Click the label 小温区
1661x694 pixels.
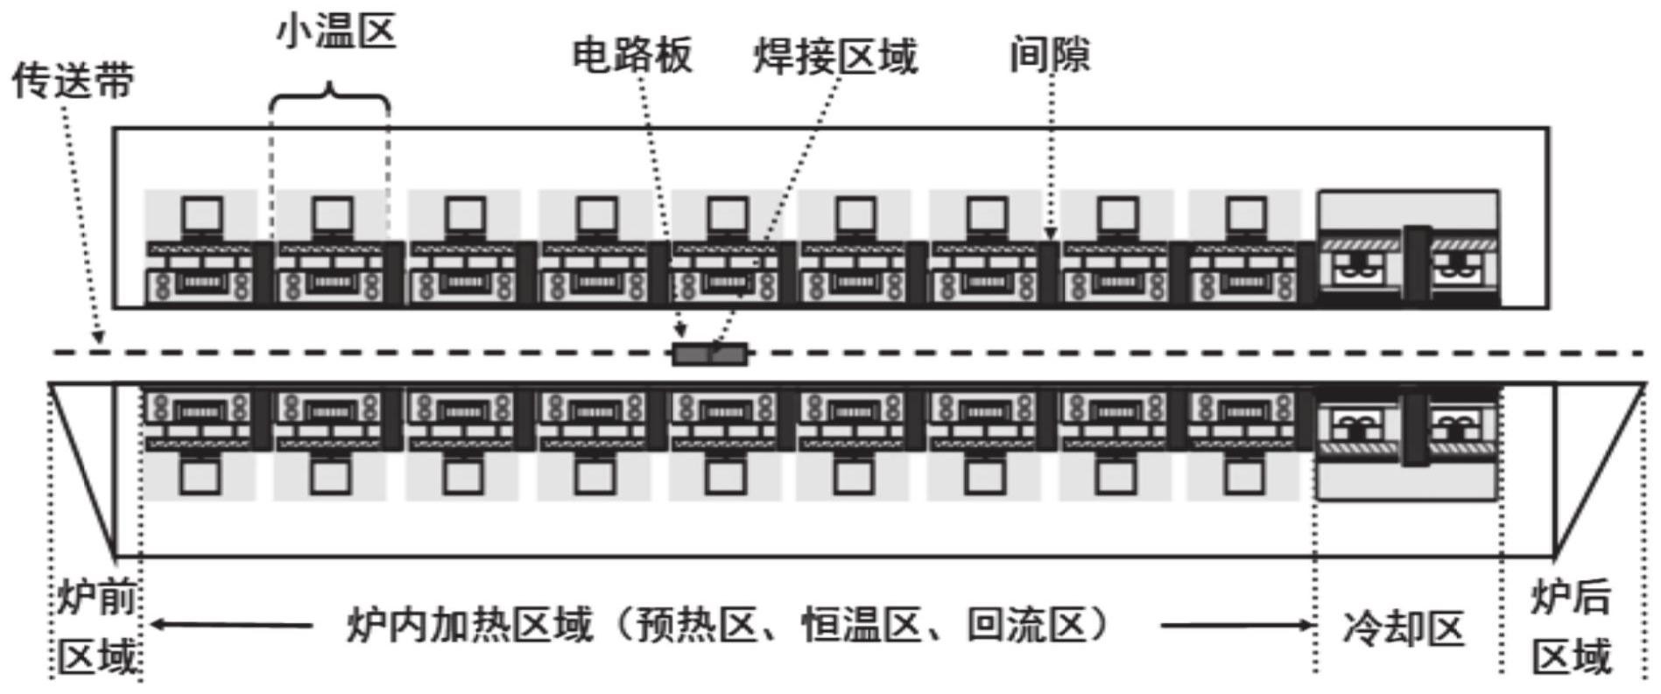point(336,33)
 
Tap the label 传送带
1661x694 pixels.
point(74,81)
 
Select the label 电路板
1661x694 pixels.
point(632,54)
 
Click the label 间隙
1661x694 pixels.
point(1050,54)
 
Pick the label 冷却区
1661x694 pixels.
point(1403,628)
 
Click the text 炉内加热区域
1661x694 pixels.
point(469,626)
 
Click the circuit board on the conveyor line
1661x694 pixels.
point(709,354)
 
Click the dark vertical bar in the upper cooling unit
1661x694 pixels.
point(1417,263)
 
